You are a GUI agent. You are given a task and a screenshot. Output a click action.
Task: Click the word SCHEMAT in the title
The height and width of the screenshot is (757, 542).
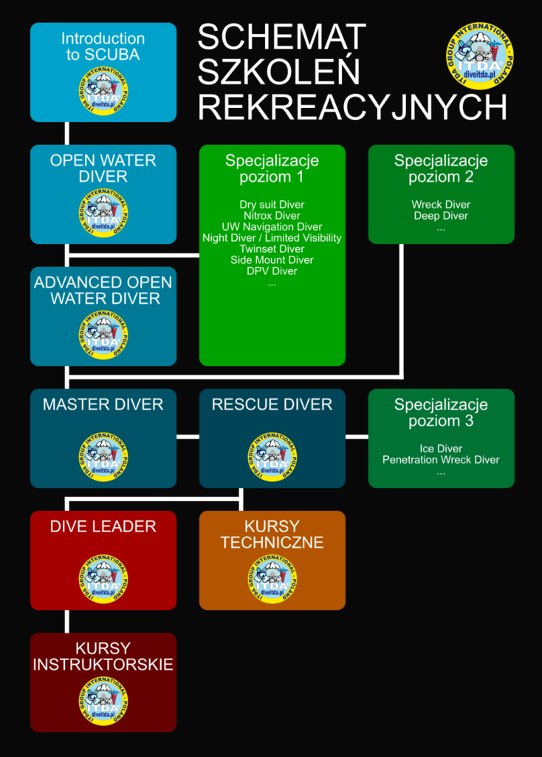point(282,37)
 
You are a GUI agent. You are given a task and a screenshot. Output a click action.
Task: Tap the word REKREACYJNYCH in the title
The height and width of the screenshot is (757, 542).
point(352,107)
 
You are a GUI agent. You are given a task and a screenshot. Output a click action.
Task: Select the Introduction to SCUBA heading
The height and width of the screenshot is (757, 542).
point(103,46)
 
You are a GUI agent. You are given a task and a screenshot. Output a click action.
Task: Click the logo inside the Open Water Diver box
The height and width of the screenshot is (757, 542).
point(103,213)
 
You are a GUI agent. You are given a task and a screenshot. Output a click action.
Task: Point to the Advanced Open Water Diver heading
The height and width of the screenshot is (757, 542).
point(103,291)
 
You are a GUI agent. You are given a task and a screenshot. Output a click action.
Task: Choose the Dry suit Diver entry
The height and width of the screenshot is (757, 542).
point(272,205)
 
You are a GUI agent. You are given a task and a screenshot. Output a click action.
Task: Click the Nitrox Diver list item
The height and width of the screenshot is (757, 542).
point(272,216)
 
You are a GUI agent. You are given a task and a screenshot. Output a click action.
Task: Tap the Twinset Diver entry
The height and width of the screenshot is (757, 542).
point(272,249)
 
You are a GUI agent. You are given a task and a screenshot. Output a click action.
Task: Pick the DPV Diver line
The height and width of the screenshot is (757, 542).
point(272,271)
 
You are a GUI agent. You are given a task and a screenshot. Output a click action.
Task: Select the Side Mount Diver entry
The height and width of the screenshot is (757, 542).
point(272,260)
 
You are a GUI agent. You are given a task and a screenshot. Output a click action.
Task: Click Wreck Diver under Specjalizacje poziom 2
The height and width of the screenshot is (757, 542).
point(441,205)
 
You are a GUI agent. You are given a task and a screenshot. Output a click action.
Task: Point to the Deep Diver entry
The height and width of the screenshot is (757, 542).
point(441,216)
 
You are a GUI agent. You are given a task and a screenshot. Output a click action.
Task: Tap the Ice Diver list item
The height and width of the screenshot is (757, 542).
point(441,449)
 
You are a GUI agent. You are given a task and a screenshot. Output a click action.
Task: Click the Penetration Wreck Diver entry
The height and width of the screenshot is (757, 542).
point(441,460)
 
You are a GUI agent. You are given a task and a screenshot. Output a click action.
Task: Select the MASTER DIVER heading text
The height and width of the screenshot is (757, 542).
point(103,405)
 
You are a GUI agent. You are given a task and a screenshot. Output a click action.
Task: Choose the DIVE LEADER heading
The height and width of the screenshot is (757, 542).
point(103,527)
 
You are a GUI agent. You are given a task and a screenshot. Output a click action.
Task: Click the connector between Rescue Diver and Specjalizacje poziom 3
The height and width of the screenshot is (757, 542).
point(357,437)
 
